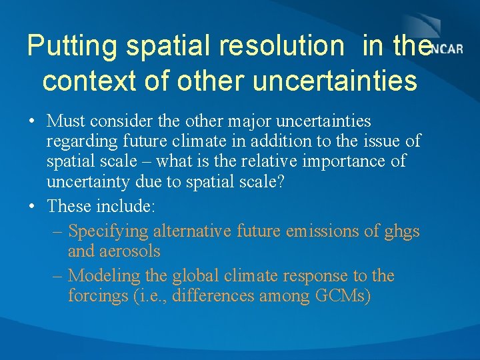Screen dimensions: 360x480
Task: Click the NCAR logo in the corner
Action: pyautogui.click(x=447, y=49)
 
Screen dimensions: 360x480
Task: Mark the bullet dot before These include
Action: pyautogui.click(x=33, y=207)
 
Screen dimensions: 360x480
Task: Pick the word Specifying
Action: pyautogui.click(x=108, y=231)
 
